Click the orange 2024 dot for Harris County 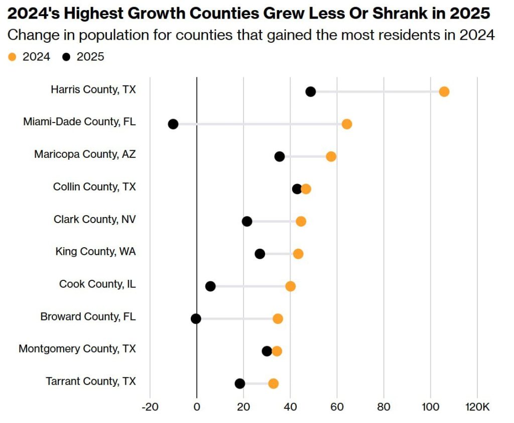click(x=444, y=91)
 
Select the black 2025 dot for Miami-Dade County click(x=173, y=124)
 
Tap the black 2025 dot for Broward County click(x=196, y=319)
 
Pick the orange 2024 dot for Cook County click(x=290, y=286)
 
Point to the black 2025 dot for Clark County click(x=247, y=222)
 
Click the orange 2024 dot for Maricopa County click(x=331, y=156)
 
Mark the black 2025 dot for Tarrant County click(x=240, y=383)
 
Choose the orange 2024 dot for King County click(x=298, y=254)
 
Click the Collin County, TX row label click(x=94, y=187)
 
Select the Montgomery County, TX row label click(x=77, y=349)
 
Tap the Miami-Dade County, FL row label click(x=79, y=122)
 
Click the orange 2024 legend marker click(x=12, y=57)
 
